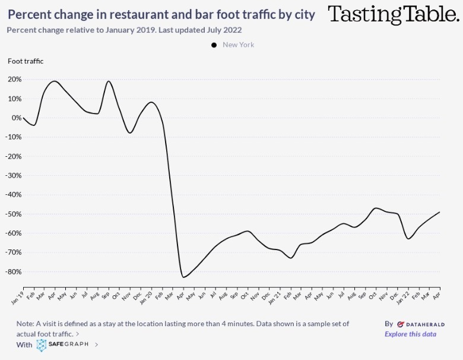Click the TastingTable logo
(x=394, y=14)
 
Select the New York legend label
(x=238, y=45)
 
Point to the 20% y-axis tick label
(x=15, y=80)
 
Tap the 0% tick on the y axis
(x=17, y=118)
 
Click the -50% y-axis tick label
(x=14, y=214)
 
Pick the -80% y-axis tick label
(x=14, y=271)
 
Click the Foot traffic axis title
(x=26, y=61)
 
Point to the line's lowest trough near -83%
(x=183, y=277)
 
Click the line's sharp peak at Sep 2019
(x=109, y=81)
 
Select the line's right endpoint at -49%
(x=439, y=212)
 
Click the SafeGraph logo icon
(x=42, y=345)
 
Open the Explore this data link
(x=410, y=334)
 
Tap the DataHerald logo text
(x=421, y=324)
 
